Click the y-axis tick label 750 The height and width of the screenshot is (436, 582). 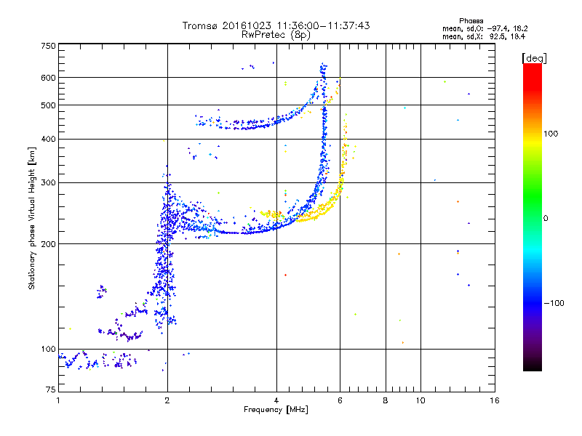[48, 45]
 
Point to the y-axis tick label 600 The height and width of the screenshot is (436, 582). [48, 77]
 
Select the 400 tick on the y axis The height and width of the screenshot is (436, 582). [48, 139]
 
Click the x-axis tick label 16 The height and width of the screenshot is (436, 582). [495, 400]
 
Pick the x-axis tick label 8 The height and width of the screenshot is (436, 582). [386, 400]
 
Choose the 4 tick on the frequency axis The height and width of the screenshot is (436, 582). [276, 400]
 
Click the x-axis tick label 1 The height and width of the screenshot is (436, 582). [58, 400]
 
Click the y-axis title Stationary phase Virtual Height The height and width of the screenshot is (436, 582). [32, 218]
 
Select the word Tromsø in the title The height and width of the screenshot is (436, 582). [202, 25]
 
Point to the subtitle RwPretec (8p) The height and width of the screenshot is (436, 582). [276, 34]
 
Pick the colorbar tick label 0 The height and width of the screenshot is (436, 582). [547, 218]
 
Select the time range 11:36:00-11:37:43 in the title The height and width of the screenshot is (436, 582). [320, 25]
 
